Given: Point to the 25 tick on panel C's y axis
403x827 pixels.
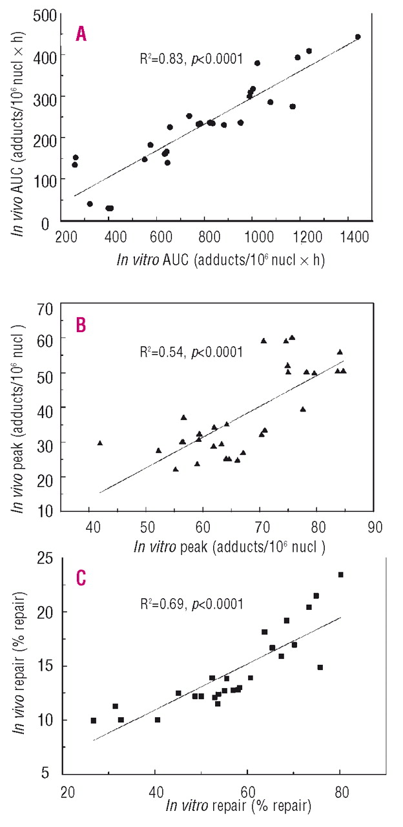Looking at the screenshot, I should click(x=44, y=557).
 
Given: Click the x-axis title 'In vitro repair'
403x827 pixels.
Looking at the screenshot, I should click(x=239, y=806).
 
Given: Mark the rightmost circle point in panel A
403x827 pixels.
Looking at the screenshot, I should click(x=358, y=37).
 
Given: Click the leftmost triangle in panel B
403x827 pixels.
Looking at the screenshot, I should click(x=100, y=443).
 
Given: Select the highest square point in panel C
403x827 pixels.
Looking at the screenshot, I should click(x=341, y=574).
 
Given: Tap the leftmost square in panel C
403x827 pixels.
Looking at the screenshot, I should click(x=94, y=720).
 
